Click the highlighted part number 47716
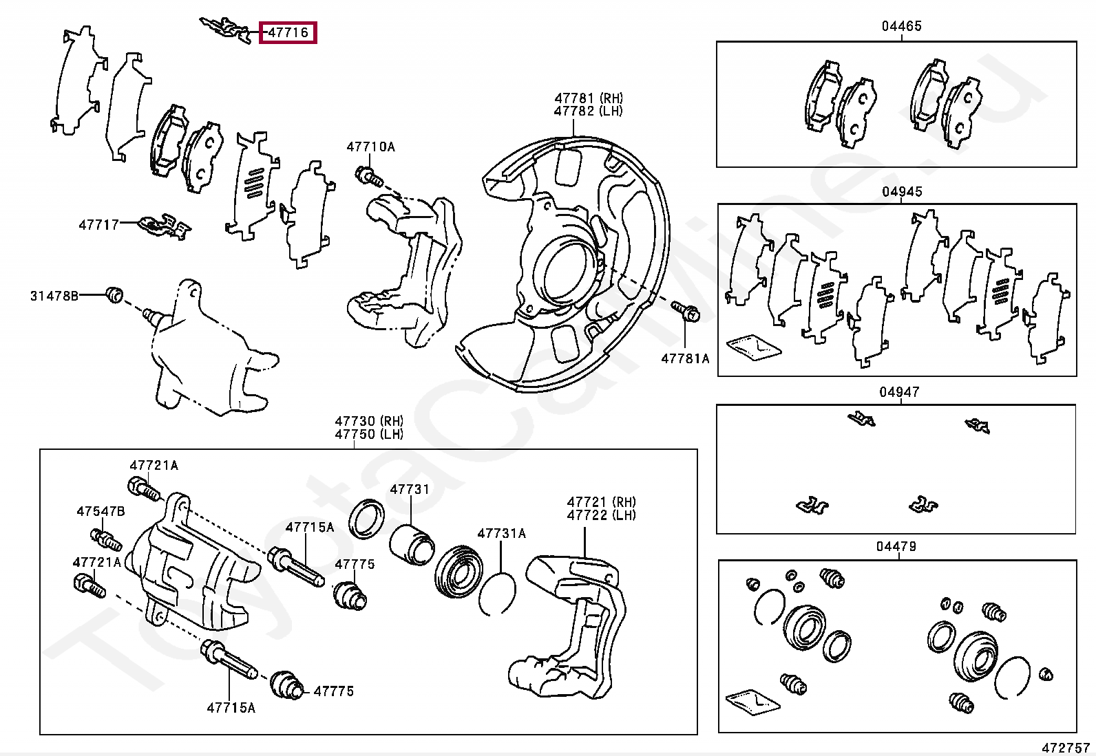click(288, 33)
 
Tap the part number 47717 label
click(99, 225)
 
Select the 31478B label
click(54, 296)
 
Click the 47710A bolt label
click(370, 147)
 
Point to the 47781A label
click(685, 358)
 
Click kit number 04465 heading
click(901, 26)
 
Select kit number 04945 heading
click(902, 191)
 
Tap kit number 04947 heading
click(899, 391)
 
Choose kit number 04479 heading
click(896, 546)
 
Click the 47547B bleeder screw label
click(101, 512)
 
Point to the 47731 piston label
click(410, 489)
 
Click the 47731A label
click(501, 533)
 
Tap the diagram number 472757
click(1065, 748)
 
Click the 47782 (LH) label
click(588, 111)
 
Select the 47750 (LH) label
click(369, 434)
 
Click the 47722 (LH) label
click(601, 515)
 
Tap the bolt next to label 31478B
click(114, 294)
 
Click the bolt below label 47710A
click(369, 176)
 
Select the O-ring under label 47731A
click(496, 593)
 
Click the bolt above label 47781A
click(686, 311)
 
